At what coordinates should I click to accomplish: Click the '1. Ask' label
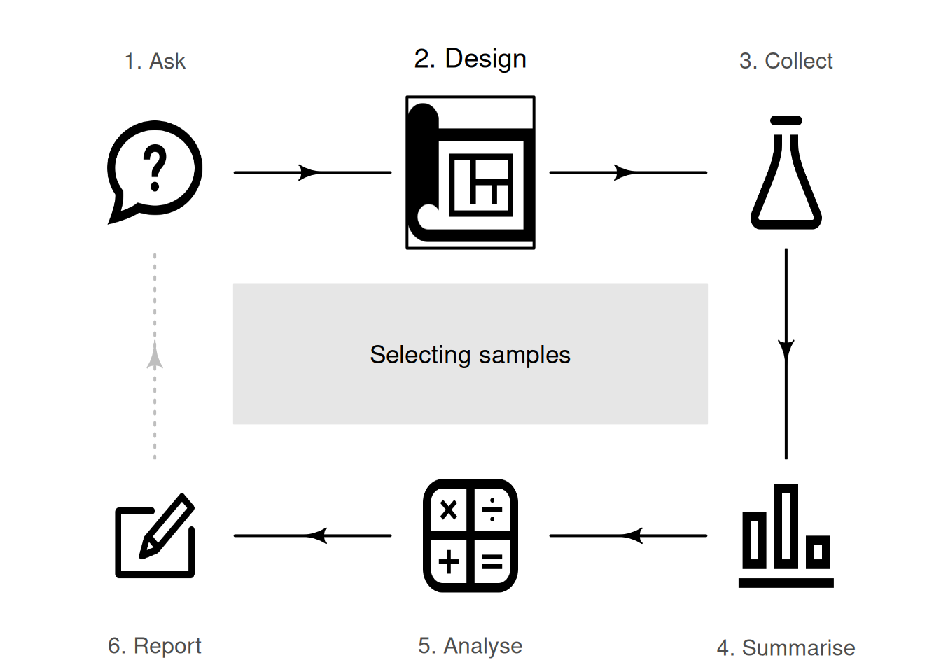click(x=155, y=62)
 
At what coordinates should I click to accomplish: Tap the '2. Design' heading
click(x=470, y=59)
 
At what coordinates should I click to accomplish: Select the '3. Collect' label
click(x=786, y=62)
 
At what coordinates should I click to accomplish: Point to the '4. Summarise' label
click(x=786, y=647)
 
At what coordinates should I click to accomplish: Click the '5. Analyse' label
click(x=470, y=645)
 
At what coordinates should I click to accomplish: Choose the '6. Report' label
click(x=155, y=645)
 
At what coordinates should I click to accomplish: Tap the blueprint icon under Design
click(x=470, y=173)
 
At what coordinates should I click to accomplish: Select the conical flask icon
click(x=786, y=173)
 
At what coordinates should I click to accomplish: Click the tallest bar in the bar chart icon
click(x=786, y=526)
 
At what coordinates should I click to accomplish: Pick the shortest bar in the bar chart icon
click(x=818, y=552)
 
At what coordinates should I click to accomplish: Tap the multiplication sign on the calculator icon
click(x=448, y=510)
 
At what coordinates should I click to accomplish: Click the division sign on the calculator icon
click(x=492, y=510)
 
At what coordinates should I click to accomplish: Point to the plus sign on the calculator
click(x=448, y=561)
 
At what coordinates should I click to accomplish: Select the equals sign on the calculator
click(x=492, y=562)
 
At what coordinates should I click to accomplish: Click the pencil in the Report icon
click(x=167, y=526)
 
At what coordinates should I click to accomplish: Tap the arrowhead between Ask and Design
click(x=309, y=172)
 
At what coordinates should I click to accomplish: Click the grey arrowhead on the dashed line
click(x=155, y=356)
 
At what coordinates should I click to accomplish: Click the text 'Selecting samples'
click(x=470, y=355)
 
